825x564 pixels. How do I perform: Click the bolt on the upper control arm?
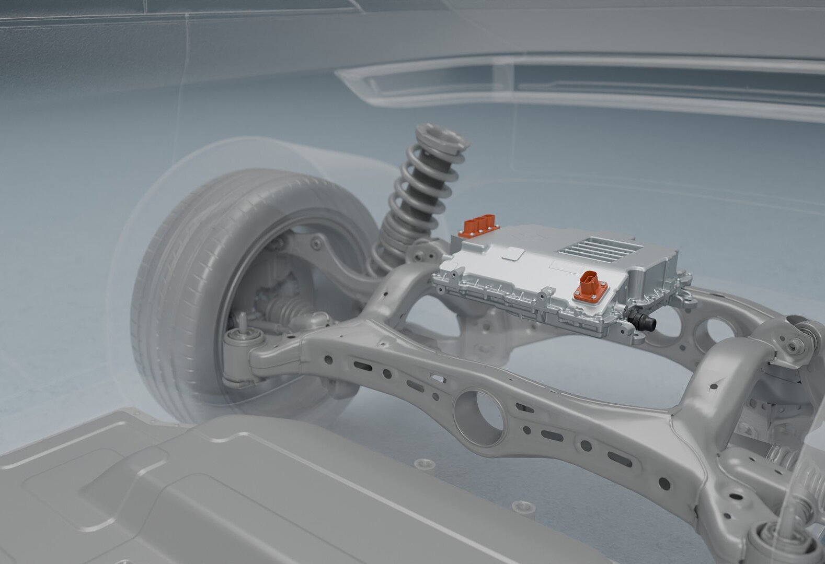315,241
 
